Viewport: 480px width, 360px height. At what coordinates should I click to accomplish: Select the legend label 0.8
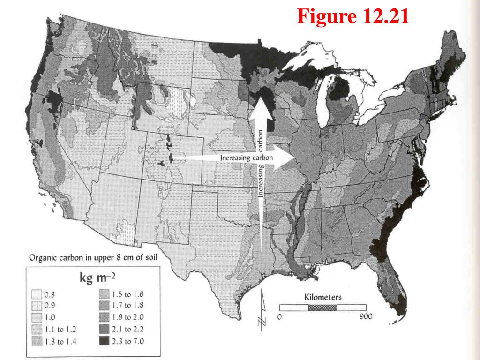click(50, 295)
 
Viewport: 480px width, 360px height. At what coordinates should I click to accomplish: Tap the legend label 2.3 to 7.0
click(128, 341)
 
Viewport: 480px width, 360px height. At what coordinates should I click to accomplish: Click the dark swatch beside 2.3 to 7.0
click(104, 341)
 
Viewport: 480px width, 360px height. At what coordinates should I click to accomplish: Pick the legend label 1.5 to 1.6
click(128, 295)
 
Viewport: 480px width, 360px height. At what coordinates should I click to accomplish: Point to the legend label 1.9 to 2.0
click(128, 318)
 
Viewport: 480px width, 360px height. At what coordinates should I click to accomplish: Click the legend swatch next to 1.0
click(37, 318)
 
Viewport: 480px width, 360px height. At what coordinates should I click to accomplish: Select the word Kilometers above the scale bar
click(323, 297)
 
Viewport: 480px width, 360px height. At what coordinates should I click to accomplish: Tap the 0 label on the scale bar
click(279, 317)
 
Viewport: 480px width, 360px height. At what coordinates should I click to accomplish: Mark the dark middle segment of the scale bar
click(322, 307)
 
